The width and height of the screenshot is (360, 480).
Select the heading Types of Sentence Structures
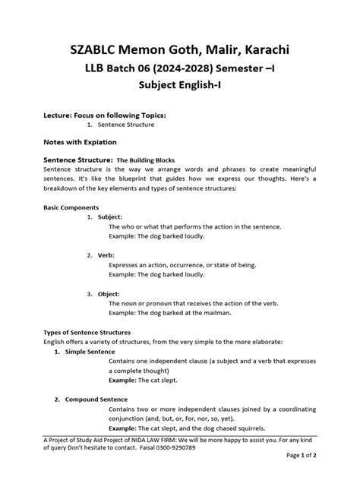87,333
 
